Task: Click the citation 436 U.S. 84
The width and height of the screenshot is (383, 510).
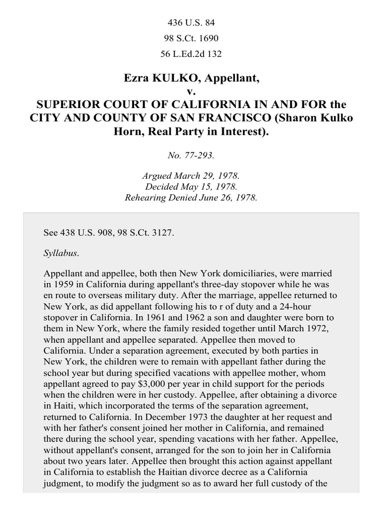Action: pos(191,22)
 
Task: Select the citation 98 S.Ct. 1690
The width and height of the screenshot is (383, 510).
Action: pos(191,38)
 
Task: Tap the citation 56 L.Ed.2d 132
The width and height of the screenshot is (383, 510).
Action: pos(191,53)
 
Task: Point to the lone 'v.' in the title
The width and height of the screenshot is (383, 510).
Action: pos(191,92)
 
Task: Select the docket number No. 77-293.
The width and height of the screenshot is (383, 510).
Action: pos(191,155)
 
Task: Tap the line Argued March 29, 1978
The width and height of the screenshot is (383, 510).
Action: pos(191,177)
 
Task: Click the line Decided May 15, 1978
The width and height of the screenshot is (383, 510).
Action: pos(191,187)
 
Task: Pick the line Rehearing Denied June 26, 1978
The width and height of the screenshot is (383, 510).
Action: pos(191,197)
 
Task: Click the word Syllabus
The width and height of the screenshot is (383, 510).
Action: pos(61,253)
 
